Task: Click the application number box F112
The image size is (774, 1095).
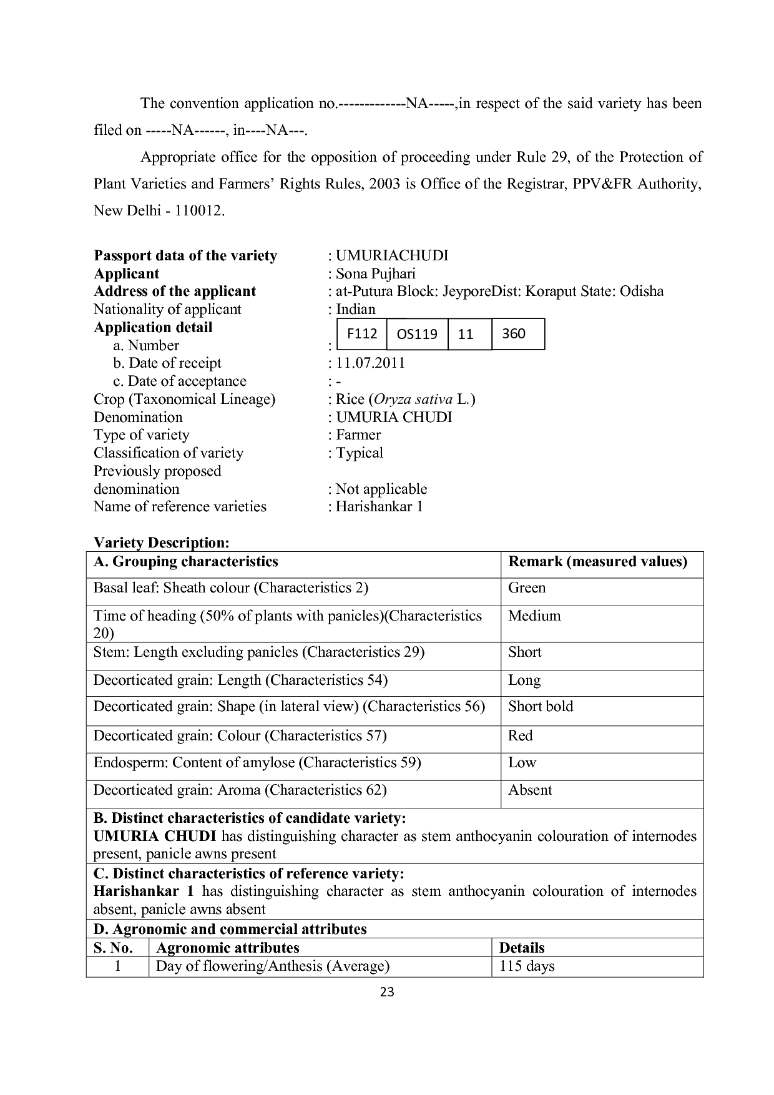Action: coord(362,334)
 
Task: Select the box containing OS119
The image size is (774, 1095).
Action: coord(417,334)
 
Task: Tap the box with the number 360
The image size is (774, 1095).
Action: coord(514,334)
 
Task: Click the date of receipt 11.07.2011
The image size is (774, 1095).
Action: coord(370,363)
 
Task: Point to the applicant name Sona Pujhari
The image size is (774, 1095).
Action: coord(375,273)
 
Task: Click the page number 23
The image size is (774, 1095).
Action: coord(387,992)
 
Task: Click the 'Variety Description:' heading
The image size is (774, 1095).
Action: coord(162,543)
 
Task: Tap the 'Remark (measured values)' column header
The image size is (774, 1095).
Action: coord(597,562)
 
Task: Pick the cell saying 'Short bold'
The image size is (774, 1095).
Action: coord(541,707)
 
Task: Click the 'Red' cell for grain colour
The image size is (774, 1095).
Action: coord(521,736)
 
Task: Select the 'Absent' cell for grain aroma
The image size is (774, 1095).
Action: coord(530,790)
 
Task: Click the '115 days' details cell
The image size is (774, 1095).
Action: coord(527,966)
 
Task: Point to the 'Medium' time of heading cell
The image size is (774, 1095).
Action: coord(534,616)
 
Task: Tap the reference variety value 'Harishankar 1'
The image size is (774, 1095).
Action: coord(379,506)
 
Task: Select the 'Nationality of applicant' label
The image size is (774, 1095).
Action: coord(167,310)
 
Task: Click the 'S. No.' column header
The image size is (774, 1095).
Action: coord(113,948)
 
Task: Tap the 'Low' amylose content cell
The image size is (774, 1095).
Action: coord(522,763)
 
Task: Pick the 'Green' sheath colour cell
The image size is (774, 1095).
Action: coord(527,588)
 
